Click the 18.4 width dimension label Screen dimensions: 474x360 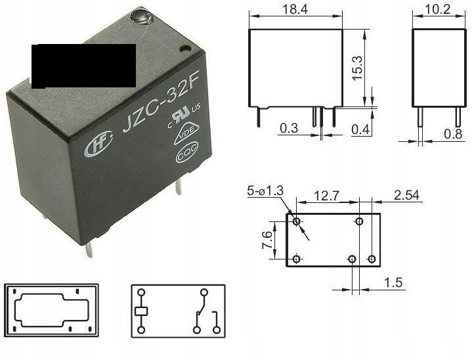click(295, 9)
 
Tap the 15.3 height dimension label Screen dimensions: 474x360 click(357, 68)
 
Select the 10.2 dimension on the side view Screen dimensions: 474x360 click(437, 9)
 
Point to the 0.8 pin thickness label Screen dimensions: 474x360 click(453, 133)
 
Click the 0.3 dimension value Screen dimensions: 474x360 click(289, 128)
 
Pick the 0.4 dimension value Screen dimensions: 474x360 click(360, 129)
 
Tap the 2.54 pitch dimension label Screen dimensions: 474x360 click(406, 195)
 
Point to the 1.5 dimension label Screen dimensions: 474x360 click(393, 282)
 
